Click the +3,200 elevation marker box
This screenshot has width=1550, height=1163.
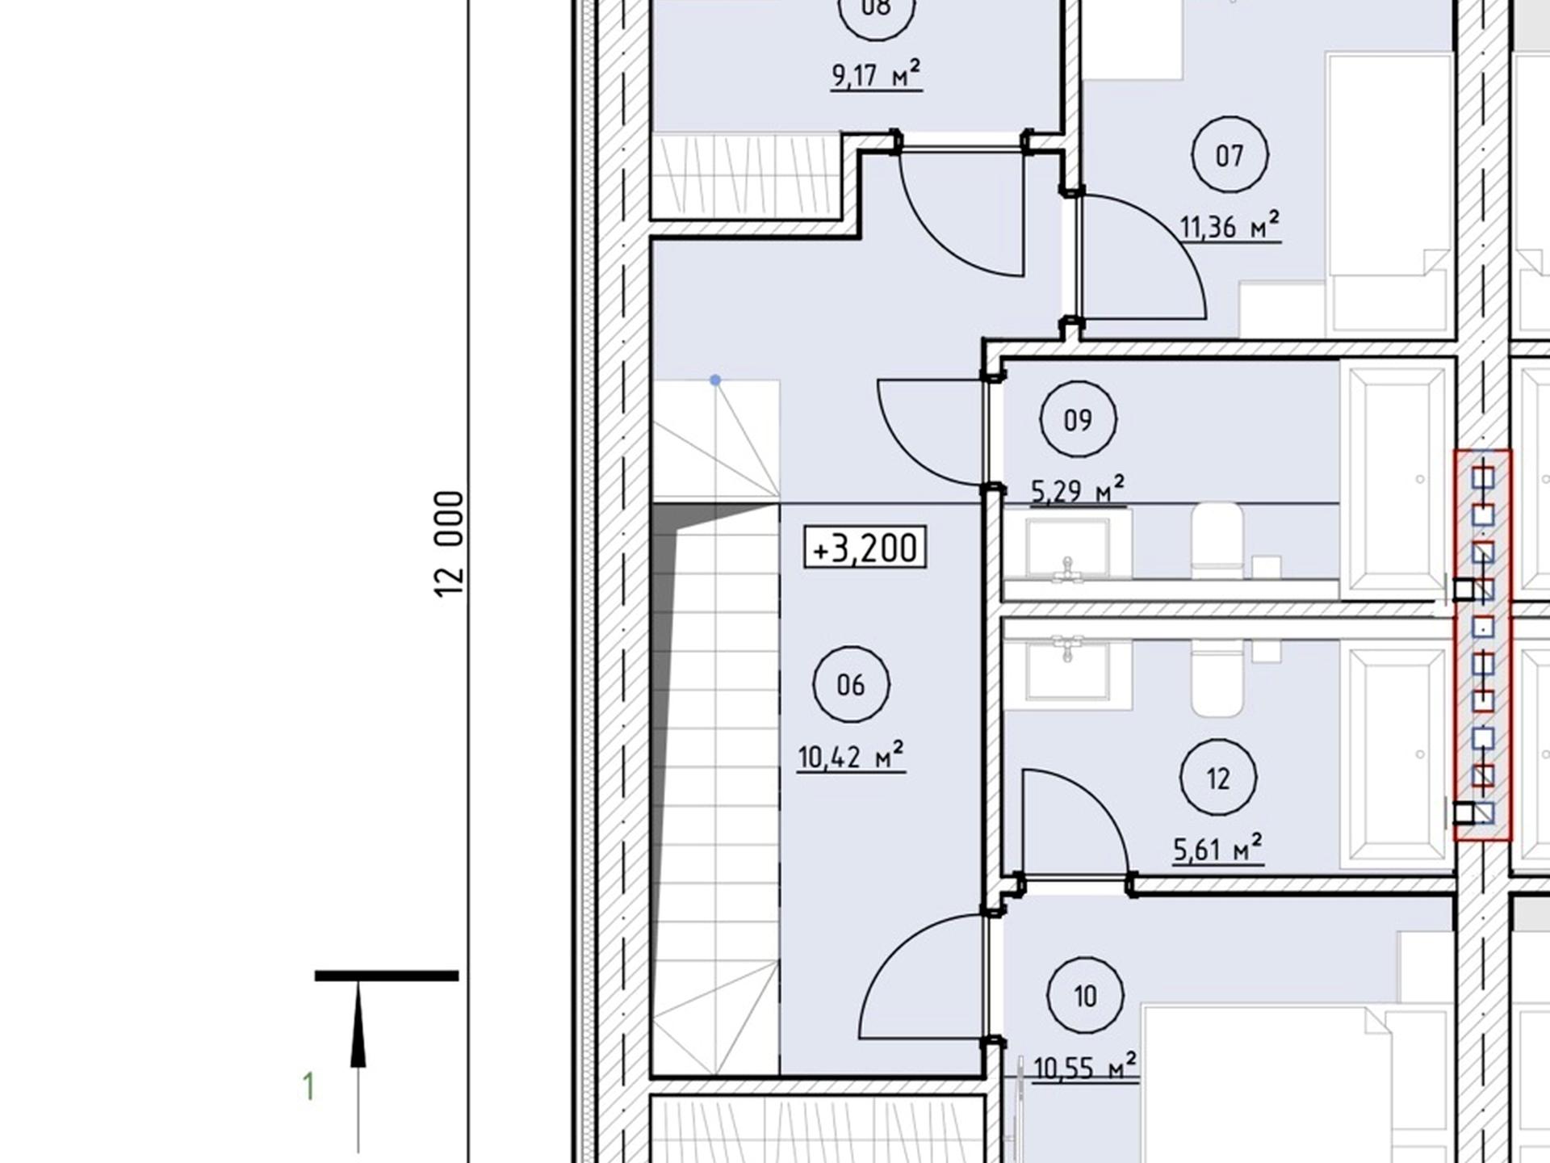coord(865,548)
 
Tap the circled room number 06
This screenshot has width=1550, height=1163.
coord(851,685)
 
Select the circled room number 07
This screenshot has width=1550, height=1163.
coord(1230,154)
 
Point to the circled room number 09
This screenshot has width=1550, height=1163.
coord(1078,420)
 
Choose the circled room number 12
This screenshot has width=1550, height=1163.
coord(1218,779)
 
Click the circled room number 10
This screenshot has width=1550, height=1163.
coord(1085,996)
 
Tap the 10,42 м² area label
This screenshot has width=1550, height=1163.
coord(851,757)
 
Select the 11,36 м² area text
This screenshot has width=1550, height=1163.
coord(1230,225)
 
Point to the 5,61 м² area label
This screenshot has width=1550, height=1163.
coord(1218,850)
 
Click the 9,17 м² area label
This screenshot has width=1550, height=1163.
coord(876,75)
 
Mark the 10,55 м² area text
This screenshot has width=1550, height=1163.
coord(1085,1067)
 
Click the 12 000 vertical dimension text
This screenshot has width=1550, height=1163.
coord(450,544)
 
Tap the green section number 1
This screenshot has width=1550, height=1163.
coord(308,1087)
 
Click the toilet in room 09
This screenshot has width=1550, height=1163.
coord(1217,540)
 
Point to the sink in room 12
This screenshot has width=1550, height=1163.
coord(1067,670)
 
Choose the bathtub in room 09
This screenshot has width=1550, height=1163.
coord(1397,480)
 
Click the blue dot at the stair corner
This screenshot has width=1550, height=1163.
coord(715,380)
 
